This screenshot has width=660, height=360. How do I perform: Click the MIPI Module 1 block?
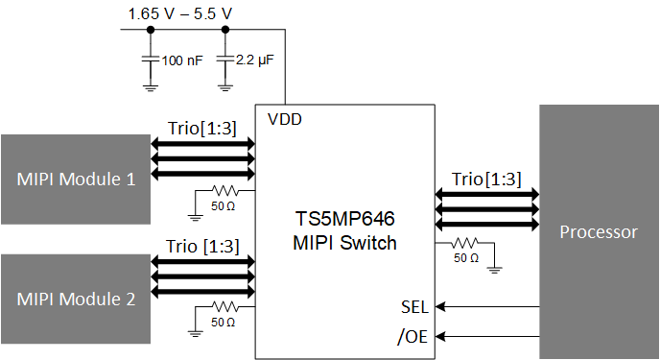[x=75, y=179]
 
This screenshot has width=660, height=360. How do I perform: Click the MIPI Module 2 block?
[x=75, y=298]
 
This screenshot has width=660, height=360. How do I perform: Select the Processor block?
[x=599, y=232]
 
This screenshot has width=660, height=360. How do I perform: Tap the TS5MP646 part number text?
[x=344, y=219]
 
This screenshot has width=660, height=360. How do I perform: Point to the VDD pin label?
[x=285, y=121]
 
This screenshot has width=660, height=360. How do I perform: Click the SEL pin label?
[x=415, y=307]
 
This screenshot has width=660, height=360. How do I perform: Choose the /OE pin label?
[x=413, y=336]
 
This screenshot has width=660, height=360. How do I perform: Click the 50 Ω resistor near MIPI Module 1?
[x=223, y=189]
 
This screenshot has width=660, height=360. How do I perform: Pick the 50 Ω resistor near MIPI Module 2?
[x=223, y=307]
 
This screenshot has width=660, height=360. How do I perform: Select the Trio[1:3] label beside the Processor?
[x=486, y=179]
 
